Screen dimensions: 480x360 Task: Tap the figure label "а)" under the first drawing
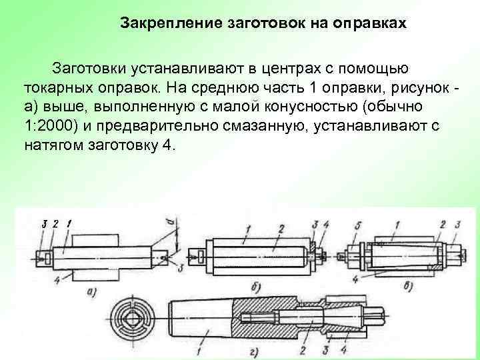tap(94, 291)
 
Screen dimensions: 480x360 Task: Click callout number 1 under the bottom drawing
tap(200, 349)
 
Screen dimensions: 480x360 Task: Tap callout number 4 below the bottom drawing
tap(344, 349)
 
